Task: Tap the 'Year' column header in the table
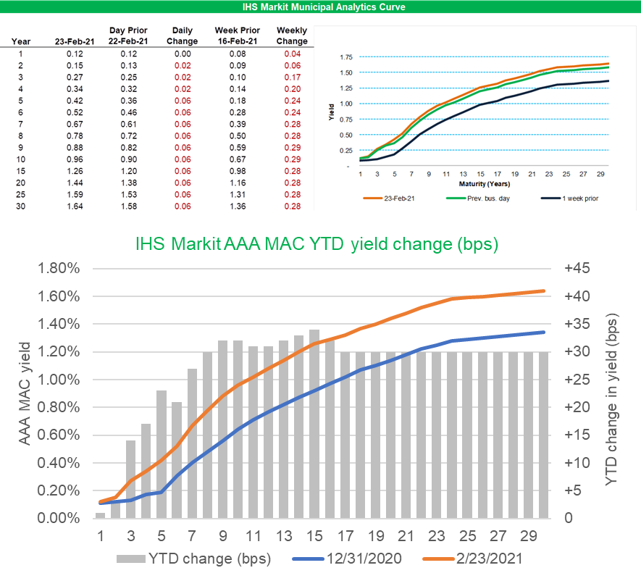(x=21, y=41)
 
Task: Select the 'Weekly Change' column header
(x=293, y=36)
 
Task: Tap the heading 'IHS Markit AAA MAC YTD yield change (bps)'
(x=317, y=244)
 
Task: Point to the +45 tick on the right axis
(x=577, y=269)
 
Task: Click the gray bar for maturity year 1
(x=100, y=515)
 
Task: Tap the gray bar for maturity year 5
(x=162, y=455)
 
